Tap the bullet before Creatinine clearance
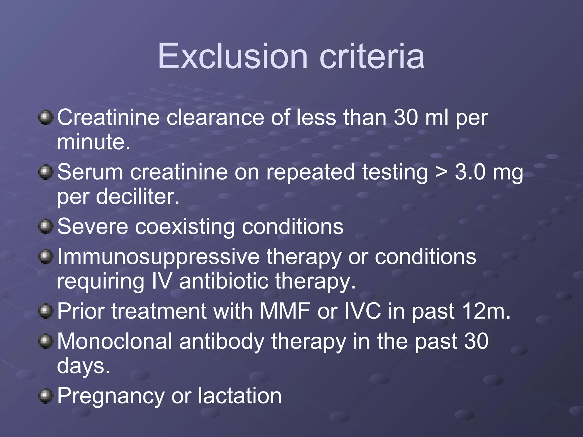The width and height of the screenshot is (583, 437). [x=46, y=118]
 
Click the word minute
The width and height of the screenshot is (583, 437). [x=93, y=142]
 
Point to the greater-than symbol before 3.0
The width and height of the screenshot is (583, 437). [x=442, y=172]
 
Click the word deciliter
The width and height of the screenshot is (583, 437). [x=137, y=197]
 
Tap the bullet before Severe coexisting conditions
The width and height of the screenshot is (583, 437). [x=46, y=227]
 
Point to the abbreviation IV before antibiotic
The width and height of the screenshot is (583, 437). [x=162, y=281]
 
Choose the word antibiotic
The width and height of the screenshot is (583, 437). [x=223, y=281]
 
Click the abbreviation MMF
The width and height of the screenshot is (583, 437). [x=285, y=311]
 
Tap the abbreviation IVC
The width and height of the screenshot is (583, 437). [x=362, y=311]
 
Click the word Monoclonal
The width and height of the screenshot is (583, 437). [x=115, y=341]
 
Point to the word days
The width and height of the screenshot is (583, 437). [x=83, y=366]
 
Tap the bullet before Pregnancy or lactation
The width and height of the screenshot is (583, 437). [x=46, y=396]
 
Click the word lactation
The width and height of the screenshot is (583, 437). [x=239, y=396]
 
